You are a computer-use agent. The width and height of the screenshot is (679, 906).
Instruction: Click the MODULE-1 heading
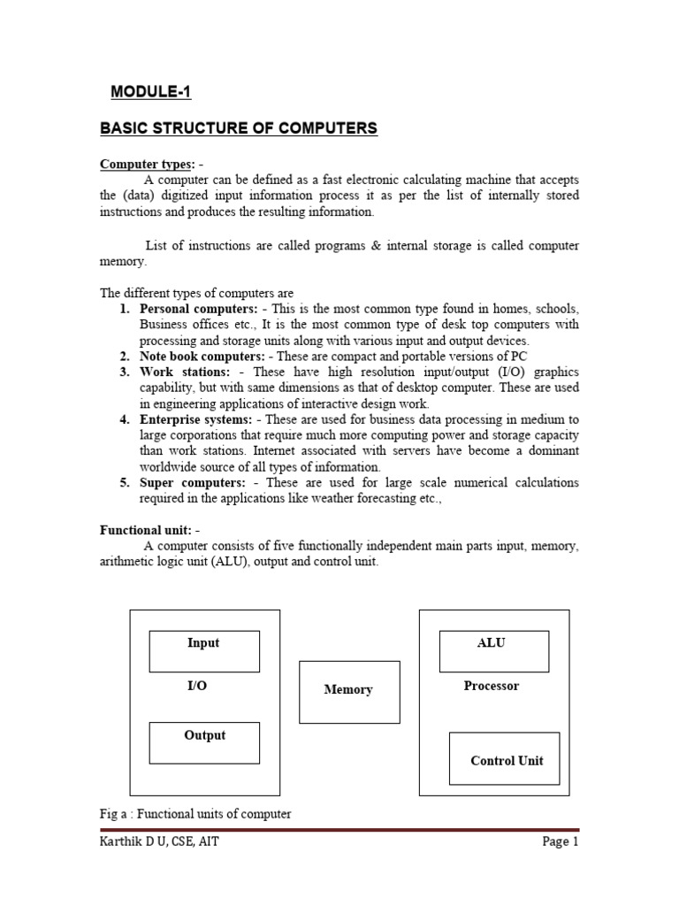pos(150,91)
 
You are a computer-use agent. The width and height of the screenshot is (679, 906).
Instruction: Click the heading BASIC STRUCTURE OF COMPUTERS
pos(239,129)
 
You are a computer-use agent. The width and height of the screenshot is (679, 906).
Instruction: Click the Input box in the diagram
pos(204,651)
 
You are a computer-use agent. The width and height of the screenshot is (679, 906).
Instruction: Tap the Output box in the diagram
pos(204,742)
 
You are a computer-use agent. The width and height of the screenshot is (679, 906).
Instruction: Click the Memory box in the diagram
pos(349,691)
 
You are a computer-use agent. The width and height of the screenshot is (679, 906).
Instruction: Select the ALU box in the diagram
pos(493,651)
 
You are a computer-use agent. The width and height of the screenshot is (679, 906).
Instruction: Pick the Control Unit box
pos(505,758)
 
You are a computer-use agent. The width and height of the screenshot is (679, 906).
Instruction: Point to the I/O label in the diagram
pos(197,687)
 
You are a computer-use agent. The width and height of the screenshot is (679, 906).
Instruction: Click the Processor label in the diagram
pos(492,687)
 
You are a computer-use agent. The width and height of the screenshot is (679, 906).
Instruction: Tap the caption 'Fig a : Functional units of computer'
pos(195,814)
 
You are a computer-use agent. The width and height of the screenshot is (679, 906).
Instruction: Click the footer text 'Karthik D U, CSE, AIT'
pos(159,842)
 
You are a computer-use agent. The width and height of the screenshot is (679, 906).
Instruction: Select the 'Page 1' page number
pos(560,842)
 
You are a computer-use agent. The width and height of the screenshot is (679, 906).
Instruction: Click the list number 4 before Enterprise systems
pos(125,419)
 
